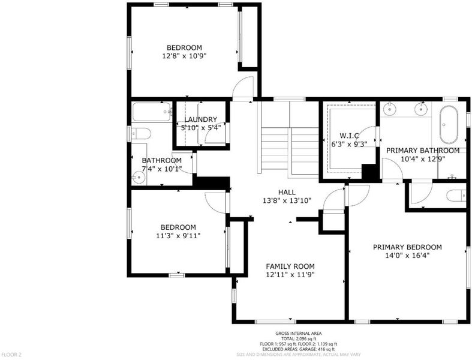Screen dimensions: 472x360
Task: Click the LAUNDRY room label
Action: pos(200,119)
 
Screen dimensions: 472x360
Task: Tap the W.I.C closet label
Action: pos(349,136)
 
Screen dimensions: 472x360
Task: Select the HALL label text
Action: pos(287,192)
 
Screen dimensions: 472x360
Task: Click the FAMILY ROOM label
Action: pos(290,266)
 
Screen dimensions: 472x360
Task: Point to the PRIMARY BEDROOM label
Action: pos(407,247)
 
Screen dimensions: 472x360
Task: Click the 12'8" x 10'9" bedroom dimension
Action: pos(185,56)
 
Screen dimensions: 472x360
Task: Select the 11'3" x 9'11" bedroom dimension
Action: pos(178,236)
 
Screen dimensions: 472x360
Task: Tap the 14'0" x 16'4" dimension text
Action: pos(407,256)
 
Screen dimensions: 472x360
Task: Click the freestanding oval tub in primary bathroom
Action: pos(449,125)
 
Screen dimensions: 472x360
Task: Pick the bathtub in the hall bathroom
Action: pos(152,112)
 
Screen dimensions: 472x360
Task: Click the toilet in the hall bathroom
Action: pos(141,133)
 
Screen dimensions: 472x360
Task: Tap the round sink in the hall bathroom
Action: pos(139,177)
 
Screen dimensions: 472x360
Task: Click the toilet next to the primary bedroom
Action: pos(456,196)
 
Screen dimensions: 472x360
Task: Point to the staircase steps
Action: pos(290,149)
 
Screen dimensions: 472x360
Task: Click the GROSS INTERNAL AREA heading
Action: pos(298,333)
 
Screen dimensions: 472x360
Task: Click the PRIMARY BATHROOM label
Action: pos(423,151)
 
